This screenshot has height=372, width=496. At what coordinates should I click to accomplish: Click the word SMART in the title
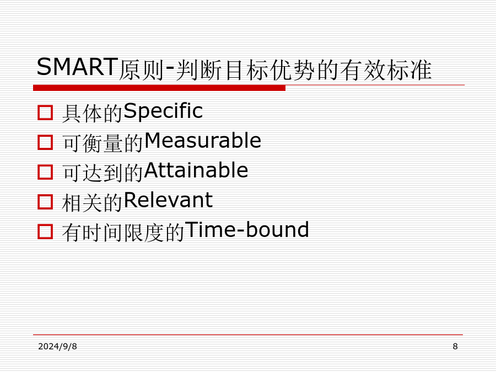(x=77, y=67)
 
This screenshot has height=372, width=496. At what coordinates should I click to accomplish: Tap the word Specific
(x=163, y=112)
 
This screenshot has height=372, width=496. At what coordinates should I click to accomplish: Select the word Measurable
(x=202, y=141)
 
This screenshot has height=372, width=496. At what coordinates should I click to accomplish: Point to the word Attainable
(x=196, y=170)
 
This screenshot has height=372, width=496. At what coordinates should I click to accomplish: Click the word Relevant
(x=168, y=200)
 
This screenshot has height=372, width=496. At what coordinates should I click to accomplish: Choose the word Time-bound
(x=247, y=229)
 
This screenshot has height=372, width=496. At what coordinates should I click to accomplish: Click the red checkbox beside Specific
(x=45, y=112)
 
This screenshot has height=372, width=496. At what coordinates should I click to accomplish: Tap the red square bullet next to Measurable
(x=45, y=142)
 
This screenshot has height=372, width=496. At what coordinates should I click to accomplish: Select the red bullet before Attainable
(x=45, y=172)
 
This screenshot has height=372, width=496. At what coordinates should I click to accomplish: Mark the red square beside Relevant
(x=45, y=202)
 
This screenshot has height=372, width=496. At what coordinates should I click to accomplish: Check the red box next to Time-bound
(x=45, y=231)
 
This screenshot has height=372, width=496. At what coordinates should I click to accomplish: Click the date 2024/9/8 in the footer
(x=57, y=347)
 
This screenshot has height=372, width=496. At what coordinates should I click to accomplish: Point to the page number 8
(x=455, y=347)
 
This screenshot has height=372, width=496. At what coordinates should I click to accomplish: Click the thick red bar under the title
(x=159, y=88)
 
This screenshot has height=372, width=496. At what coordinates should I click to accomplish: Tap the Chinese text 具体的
(x=93, y=113)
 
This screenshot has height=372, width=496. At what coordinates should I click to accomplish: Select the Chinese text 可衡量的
(x=103, y=143)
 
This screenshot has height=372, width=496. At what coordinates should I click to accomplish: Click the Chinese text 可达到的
(x=103, y=172)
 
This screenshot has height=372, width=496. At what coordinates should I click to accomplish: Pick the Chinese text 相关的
(x=93, y=202)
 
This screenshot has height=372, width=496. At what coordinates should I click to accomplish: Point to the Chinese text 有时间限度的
(x=123, y=232)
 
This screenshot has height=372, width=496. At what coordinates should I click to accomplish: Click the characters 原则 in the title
(x=141, y=70)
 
